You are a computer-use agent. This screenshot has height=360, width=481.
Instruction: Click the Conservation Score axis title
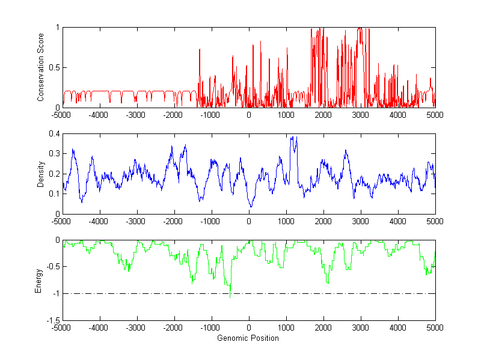[40, 67]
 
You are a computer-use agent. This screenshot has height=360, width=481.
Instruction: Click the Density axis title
[40, 174]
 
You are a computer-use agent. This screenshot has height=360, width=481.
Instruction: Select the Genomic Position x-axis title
[248, 338]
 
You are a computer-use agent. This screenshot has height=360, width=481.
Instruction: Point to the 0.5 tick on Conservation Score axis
[54, 67]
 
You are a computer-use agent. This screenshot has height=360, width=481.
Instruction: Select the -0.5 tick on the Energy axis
[52, 267]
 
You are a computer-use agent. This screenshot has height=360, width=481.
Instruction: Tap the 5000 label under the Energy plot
[435, 328]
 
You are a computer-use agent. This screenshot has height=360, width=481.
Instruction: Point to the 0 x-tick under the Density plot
[248, 221]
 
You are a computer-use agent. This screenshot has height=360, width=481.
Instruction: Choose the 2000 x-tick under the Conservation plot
[323, 115]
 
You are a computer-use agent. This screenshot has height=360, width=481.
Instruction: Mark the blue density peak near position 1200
[293, 138]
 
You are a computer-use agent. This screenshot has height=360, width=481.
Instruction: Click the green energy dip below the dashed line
[230, 296]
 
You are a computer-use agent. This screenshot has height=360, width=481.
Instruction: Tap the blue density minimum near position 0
[251, 206]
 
